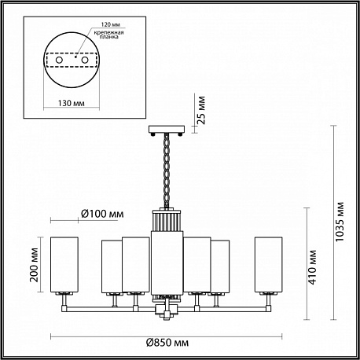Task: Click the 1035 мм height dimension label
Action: point(340,222)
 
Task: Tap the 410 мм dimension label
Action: point(312,267)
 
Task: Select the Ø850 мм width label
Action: point(167,343)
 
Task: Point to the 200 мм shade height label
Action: point(34,265)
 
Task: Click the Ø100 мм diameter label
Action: point(102,214)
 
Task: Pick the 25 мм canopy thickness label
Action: point(201,110)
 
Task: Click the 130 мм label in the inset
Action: point(72,103)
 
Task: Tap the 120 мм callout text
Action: point(111,24)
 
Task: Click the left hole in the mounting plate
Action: point(59,60)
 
